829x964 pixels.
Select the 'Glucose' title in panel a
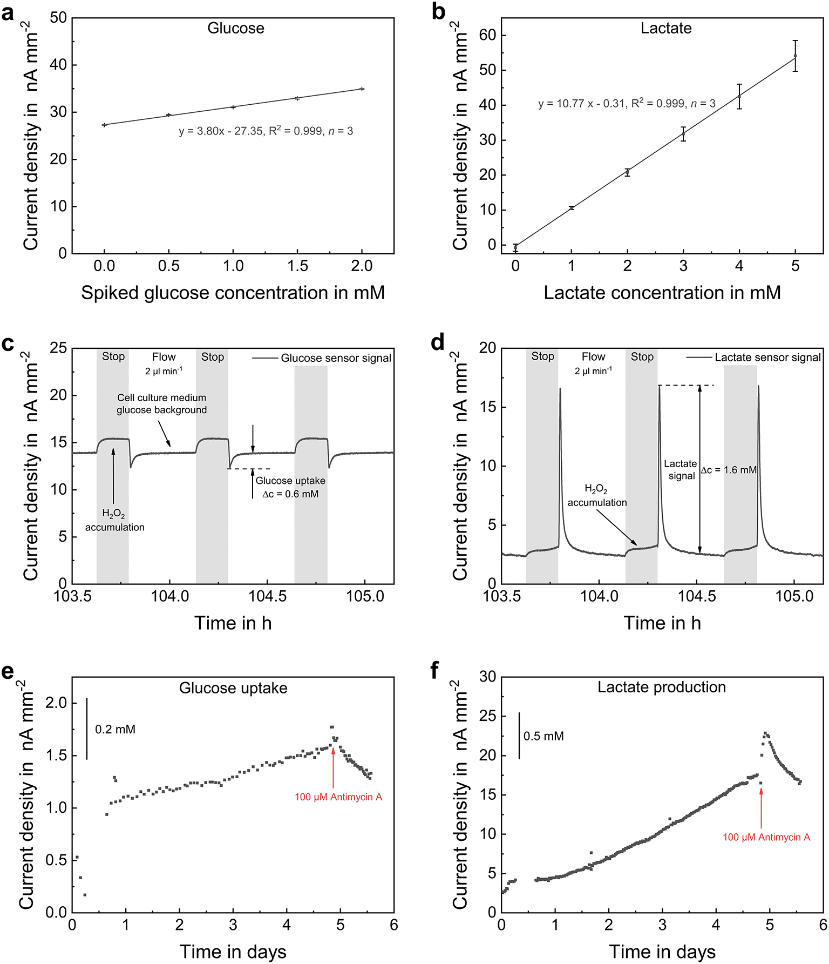pyautogui.click(x=236, y=28)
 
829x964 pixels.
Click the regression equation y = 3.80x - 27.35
pyautogui.click(x=266, y=131)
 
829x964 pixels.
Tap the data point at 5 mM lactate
pyautogui.click(x=795, y=56)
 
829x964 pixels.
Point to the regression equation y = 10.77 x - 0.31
pyautogui.click(x=626, y=103)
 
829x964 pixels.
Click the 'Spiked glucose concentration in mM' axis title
pyautogui.click(x=233, y=293)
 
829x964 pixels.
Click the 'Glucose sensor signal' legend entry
pyautogui.click(x=336, y=358)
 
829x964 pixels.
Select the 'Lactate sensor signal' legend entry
pyautogui.click(x=767, y=358)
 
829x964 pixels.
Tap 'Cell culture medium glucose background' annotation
pyautogui.click(x=161, y=404)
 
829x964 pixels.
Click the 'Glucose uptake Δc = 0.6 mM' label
pyautogui.click(x=290, y=487)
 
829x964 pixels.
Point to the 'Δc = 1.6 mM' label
pyautogui.click(x=729, y=470)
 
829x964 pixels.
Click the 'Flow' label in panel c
pyautogui.click(x=164, y=357)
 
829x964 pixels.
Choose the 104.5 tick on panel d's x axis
pyautogui.click(x=697, y=596)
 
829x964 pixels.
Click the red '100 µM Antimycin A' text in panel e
pyautogui.click(x=338, y=797)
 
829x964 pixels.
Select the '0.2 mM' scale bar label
pyautogui.click(x=115, y=730)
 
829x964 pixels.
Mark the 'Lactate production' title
pyautogui.click(x=661, y=687)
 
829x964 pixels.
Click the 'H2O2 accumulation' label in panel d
pyautogui.click(x=596, y=496)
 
